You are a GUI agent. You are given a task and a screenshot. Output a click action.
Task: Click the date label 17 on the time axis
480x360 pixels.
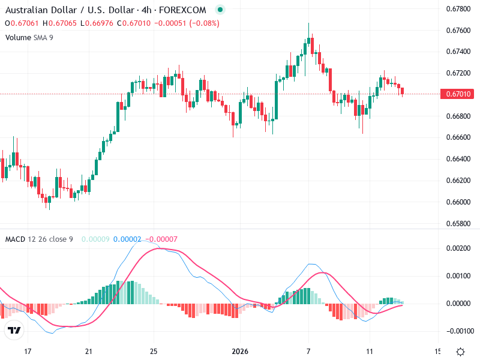[27, 351]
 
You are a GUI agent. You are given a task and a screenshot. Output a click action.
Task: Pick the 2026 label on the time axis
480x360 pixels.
[240, 351]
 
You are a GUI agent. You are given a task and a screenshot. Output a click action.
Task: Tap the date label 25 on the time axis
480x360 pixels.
[154, 351]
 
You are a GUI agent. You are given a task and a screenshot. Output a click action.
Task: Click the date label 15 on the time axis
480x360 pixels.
[437, 351]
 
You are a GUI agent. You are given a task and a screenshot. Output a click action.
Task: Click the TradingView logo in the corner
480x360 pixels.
[14, 330]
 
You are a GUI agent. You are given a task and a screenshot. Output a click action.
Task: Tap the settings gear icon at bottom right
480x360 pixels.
[460, 352]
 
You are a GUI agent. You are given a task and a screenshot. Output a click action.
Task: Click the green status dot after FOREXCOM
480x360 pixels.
[220, 10]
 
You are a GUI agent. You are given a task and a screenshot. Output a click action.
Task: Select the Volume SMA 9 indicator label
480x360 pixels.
[29, 37]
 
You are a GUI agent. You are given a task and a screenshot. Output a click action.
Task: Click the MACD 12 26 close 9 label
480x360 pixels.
[39, 239]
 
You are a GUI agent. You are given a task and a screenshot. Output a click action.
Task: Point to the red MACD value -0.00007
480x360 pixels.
[161, 239]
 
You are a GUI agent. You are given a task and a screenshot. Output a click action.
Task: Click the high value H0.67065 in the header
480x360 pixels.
[59, 23]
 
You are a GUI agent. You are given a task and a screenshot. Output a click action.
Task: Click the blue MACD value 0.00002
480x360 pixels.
[127, 239]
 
